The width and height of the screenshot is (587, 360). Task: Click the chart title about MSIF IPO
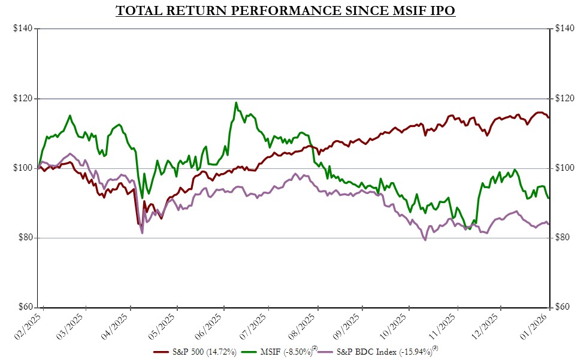pos(286,11)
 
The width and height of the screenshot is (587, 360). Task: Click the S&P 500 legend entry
pos(195,351)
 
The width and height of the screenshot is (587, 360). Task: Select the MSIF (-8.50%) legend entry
pos(279,351)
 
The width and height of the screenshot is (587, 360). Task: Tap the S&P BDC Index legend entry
pos(377,351)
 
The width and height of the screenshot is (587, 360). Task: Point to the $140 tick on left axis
pos(23,29)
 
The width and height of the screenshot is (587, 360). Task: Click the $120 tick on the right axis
pos(564,98)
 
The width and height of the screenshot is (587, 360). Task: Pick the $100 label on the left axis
pos(23,168)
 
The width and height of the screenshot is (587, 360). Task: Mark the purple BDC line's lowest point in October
pos(425,240)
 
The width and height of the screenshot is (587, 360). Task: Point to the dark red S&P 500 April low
pos(139,223)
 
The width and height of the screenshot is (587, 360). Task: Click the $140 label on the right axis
pos(564,29)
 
